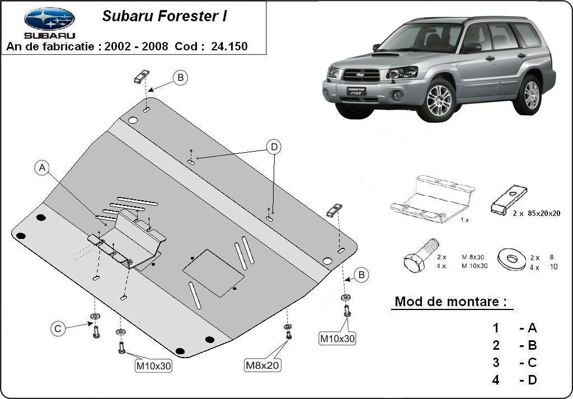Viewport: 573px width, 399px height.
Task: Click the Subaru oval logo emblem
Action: (x=50, y=18)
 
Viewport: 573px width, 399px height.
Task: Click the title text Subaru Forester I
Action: (x=164, y=17)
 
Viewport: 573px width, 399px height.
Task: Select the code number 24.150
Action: (x=229, y=46)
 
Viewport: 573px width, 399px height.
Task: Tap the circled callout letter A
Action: (x=42, y=167)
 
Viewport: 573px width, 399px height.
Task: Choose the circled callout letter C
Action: (x=58, y=329)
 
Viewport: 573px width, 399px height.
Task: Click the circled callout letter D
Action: (x=274, y=147)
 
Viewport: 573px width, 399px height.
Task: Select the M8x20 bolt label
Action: (x=263, y=365)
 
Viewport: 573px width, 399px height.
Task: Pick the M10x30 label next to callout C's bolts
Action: (x=153, y=367)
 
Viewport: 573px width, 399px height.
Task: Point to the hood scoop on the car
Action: (x=386, y=55)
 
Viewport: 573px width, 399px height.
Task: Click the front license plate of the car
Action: (x=356, y=91)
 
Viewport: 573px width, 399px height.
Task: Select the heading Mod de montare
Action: (x=450, y=302)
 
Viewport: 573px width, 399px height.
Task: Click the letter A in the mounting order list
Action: (x=532, y=328)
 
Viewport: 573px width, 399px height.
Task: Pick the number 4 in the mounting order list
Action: (x=496, y=380)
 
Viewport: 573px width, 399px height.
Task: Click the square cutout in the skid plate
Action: (x=214, y=273)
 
